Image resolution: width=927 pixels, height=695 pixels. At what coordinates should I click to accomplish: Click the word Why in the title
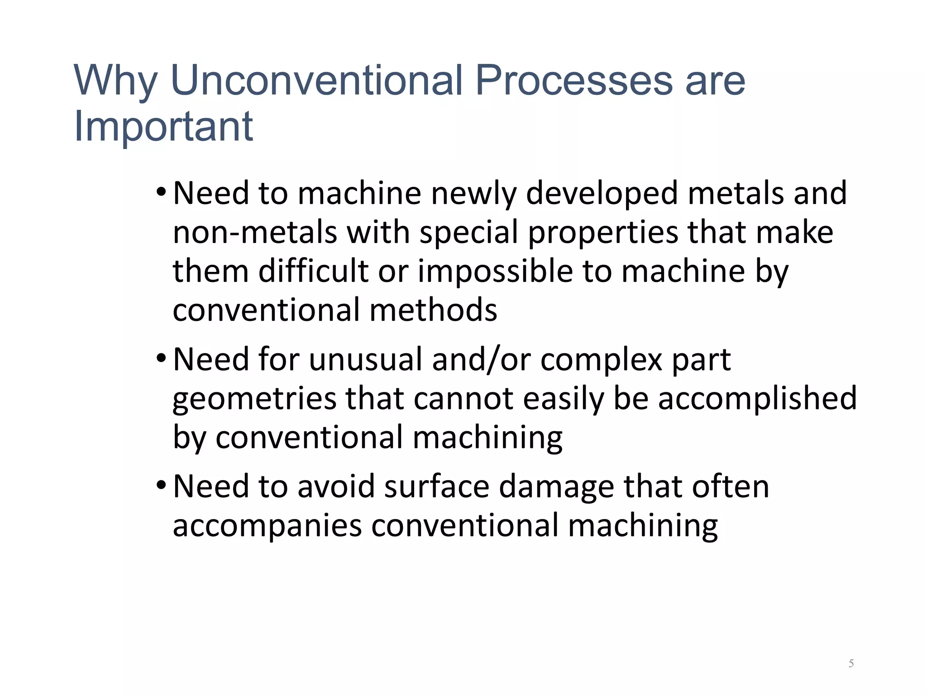115,81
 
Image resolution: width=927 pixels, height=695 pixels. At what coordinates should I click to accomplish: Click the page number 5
851,663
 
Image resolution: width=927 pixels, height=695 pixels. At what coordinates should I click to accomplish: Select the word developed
602,194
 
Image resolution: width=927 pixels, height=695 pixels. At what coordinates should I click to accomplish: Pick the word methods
433,310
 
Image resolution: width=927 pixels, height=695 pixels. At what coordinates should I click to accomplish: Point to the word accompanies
268,526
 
